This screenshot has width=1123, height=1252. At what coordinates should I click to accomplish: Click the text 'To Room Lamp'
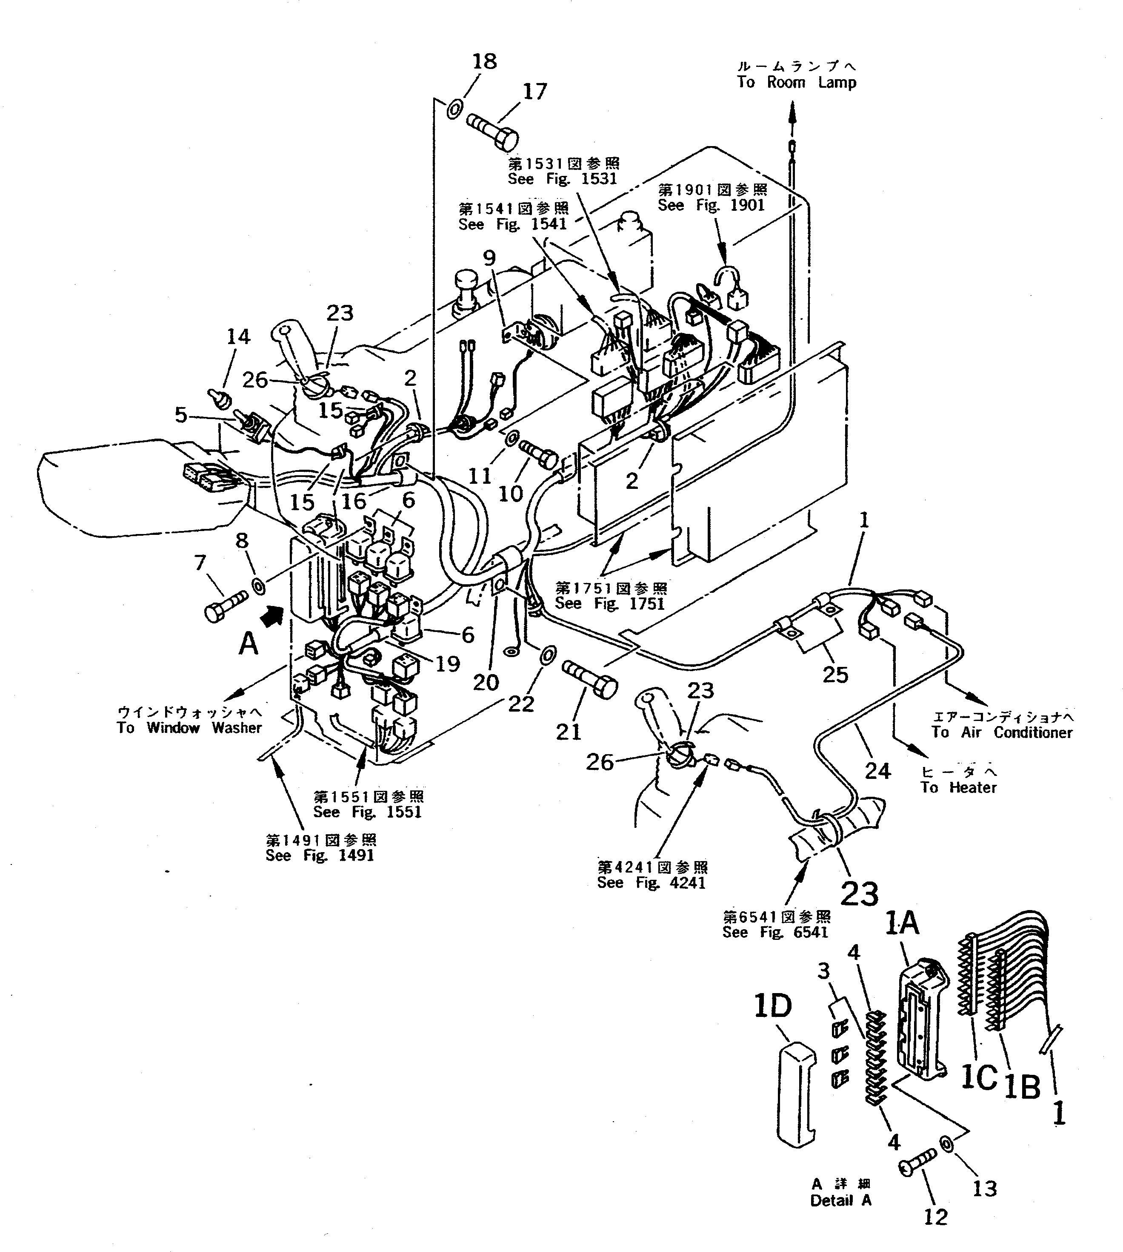click(796, 83)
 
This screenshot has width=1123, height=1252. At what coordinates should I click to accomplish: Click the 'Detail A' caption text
click(840, 1201)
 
